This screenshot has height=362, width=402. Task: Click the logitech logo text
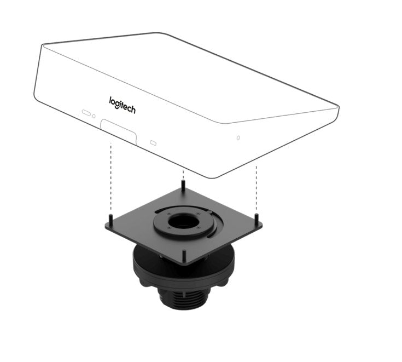[122, 105]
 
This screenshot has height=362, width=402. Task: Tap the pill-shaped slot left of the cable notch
[86, 113]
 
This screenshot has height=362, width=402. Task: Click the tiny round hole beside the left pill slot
[94, 116]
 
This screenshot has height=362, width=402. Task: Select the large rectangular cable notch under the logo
[119, 132]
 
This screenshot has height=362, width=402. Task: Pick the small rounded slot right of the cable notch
[153, 143]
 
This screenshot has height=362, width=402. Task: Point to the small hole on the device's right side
[237, 137]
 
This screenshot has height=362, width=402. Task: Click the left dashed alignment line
[110, 175]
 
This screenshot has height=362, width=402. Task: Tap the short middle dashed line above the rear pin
[183, 174]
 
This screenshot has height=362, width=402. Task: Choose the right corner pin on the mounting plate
[257, 219]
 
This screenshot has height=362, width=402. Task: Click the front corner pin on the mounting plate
[184, 255]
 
